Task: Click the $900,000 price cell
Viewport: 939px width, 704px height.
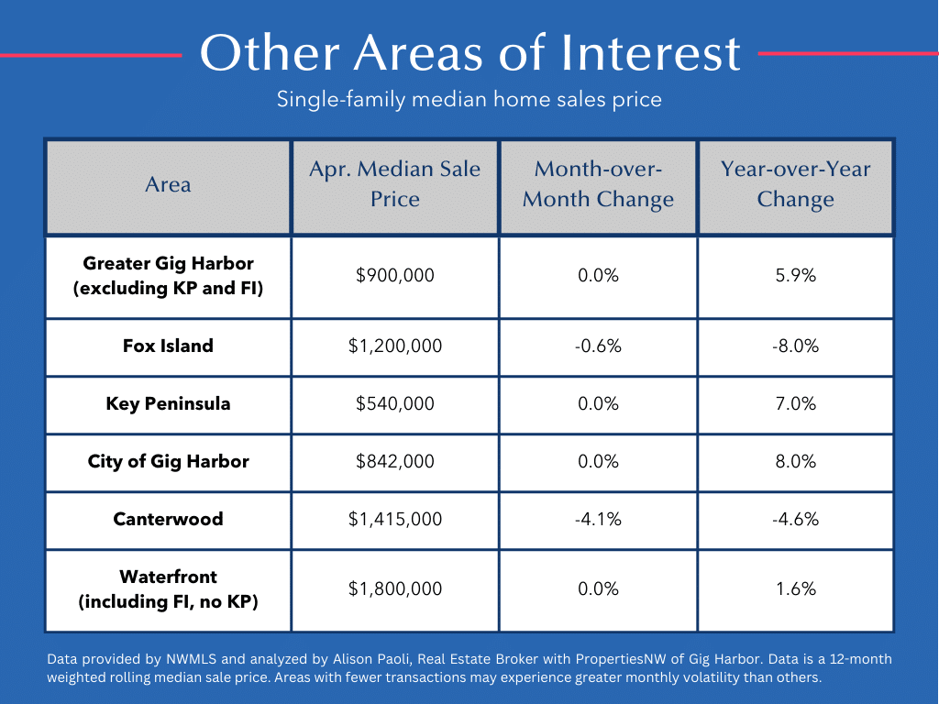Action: point(394,275)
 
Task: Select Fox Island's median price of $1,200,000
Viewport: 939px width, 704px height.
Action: point(394,346)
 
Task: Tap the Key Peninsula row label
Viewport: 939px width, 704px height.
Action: point(169,403)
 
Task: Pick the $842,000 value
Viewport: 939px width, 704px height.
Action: point(394,462)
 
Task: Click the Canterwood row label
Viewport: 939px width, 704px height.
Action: point(169,519)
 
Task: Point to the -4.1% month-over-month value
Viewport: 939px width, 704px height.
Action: point(598,519)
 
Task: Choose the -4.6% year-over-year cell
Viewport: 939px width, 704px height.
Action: point(795,519)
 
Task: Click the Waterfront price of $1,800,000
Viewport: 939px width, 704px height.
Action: point(394,589)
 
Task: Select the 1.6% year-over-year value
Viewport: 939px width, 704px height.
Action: point(795,589)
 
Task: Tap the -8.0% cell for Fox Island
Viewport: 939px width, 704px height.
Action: point(795,346)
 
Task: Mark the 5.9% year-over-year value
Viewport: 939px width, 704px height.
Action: point(795,275)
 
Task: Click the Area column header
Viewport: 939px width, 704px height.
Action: point(169,184)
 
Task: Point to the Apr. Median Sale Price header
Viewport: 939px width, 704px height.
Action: point(394,183)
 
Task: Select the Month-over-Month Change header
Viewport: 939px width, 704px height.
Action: point(598,183)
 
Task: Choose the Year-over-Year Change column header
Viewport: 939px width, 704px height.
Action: point(795,183)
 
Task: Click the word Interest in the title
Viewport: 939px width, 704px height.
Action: point(650,52)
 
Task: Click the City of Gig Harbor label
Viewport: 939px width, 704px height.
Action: point(169,462)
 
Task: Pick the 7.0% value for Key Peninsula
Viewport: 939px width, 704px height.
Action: point(795,403)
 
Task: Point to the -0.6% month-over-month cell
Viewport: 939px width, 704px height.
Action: point(598,346)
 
